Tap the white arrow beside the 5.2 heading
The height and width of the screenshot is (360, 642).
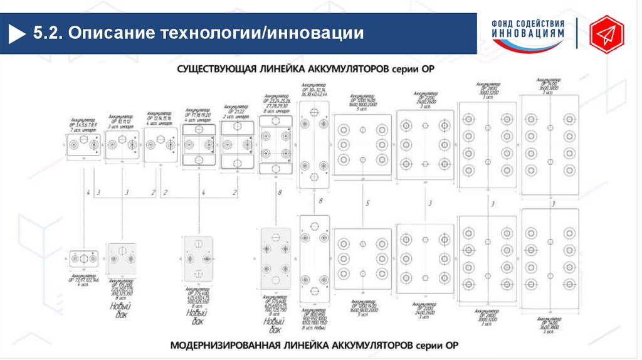tap(16, 32)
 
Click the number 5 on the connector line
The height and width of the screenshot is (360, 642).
tap(368, 203)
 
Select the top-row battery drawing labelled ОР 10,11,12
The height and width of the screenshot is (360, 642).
tap(122, 146)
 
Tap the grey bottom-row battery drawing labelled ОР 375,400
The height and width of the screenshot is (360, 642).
tap(198, 259)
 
